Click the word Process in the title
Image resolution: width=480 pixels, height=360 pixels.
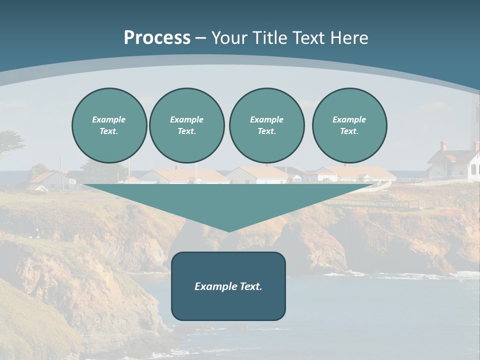point(157,38)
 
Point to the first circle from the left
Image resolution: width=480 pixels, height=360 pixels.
point(109,125)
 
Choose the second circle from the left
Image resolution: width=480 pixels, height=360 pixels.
point(187,125)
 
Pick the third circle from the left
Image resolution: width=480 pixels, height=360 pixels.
point(267,125)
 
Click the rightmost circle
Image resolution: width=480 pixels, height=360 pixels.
point(349,125)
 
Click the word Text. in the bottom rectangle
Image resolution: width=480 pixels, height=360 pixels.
point(250,286)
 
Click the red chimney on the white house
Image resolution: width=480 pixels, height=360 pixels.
point(443,145)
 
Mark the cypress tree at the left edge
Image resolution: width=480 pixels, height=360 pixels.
point(10,142)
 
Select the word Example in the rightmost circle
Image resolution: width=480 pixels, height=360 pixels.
point(349,119)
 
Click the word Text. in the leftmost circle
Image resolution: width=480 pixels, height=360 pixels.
point(109,131)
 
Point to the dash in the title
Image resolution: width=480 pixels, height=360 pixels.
point(200,38)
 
